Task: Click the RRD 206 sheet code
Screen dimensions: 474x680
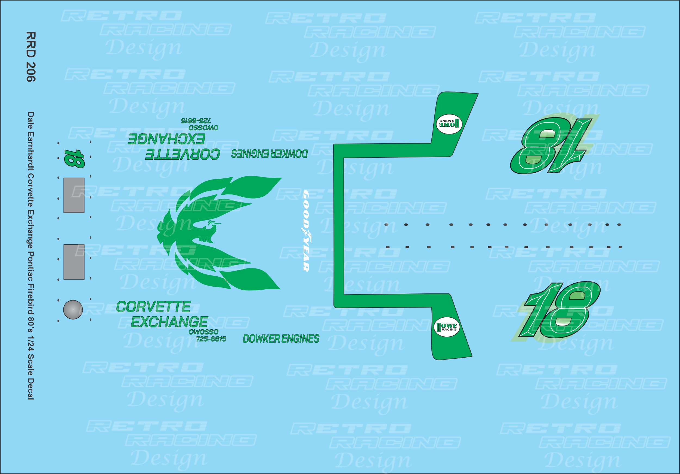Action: tap(31, 57)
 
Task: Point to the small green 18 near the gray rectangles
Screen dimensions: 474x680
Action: tap(74, 158)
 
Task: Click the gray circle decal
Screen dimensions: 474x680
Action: tap(73, 310)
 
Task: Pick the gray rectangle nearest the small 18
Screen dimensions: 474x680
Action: tap(74, 195)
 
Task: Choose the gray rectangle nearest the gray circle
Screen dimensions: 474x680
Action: tap(74, 262)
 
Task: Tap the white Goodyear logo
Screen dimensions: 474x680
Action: tap(306, 231)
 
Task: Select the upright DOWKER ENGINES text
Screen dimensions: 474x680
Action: tap(281, 339)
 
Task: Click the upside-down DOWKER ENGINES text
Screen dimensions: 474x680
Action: tap(269, 154)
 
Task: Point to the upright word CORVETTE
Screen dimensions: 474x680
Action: tap(153, 307)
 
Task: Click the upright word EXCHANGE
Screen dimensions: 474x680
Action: tap(169, 322)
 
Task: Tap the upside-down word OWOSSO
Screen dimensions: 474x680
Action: tap(203, 128)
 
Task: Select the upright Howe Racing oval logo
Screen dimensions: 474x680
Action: tap(447, 327)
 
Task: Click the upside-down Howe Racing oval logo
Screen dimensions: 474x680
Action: tap(449, 124)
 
